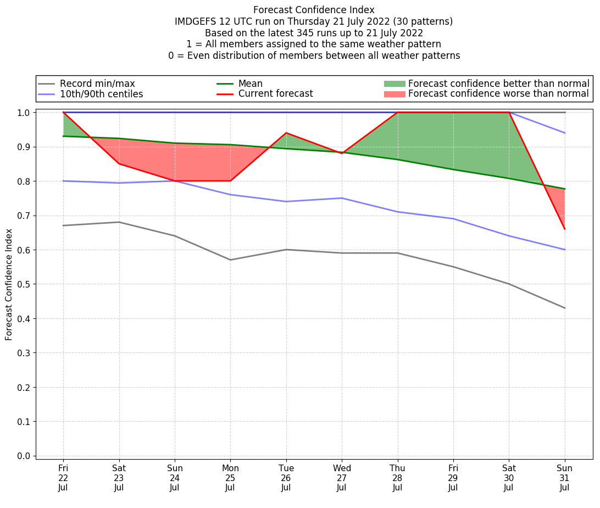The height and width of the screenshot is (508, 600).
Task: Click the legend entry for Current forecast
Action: tap(275, 94)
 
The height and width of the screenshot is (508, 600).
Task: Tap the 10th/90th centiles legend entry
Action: tap(101, 94)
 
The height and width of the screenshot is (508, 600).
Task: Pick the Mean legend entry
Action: tap(250, 84)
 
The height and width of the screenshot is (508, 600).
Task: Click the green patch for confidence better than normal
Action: tap(394, 84)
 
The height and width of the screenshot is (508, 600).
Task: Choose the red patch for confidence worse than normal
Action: tap(394, 94)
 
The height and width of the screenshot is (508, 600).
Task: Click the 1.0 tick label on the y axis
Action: tap(24, 113)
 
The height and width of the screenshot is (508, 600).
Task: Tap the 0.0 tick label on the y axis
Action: tap(24, 456)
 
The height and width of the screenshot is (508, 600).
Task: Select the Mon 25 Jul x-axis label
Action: tap(230, 477)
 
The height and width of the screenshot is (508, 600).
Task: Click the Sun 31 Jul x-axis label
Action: tap(564, 477)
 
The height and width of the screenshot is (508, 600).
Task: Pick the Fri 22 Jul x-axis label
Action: tap(63, 477)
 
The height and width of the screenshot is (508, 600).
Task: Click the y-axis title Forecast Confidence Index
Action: tap(9, 284)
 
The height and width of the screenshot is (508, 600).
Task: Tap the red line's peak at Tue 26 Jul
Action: tap(286, 133)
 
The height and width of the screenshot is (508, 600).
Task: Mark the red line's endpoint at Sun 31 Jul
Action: tap(564, 229)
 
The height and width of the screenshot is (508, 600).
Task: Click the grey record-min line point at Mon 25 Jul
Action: tap(230, 259)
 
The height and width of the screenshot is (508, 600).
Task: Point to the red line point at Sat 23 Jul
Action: tap(119, 164)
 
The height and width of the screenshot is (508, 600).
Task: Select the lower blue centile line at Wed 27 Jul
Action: tap(342, 198)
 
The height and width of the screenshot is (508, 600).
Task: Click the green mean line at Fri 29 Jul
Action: tap(453, 169)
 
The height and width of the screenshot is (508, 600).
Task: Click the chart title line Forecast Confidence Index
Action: tap(314, 10)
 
